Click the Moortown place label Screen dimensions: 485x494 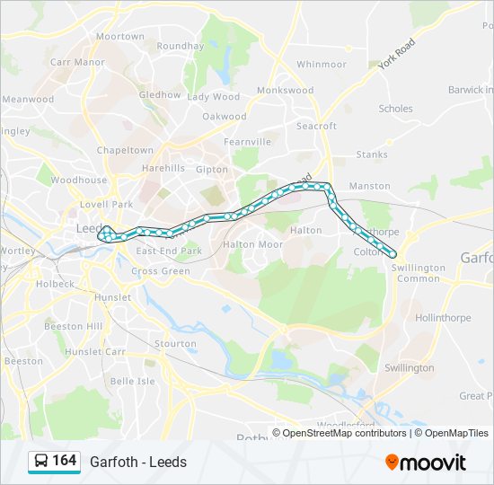point(119,37)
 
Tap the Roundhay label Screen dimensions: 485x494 point(180,46)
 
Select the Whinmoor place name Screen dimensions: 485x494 point(321,65)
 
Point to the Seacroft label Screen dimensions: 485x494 point(316,127)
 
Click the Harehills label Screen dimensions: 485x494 point(163,168)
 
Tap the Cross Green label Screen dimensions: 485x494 point(161,271)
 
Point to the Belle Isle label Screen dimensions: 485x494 point(132,381)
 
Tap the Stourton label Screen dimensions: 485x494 point(175,344)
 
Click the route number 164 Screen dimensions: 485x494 point(64,461)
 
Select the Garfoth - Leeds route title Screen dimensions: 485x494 point(138,462)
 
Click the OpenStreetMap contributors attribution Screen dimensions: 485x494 point(345,433)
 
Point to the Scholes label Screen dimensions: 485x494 point(395,109)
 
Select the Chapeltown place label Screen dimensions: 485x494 point(125,150)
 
